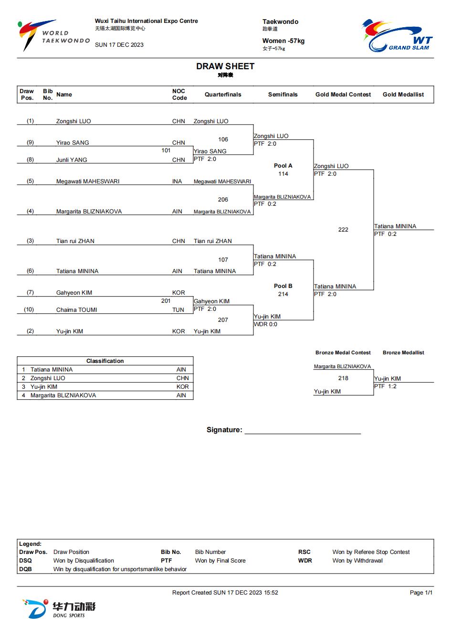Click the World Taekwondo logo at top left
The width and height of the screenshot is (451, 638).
tap(53, 35)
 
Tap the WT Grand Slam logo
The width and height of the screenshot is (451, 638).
tap(398, 35)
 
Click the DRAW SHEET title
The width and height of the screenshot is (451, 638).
tap(225, 66)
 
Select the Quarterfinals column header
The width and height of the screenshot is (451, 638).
tap(223, 95)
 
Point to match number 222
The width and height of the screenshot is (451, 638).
tap(343, 230)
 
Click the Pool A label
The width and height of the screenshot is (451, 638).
tap(283, 166)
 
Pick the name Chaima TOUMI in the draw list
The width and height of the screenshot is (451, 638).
tap(76, 310)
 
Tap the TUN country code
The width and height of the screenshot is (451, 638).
tap(178, 310)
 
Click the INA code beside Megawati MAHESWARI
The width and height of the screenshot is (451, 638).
tap(177, 181)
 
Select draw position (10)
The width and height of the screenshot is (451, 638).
tap(29, 309)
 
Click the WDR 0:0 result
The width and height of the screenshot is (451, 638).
tap(265, 324)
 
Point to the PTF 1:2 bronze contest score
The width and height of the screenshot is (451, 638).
tap(385, 386)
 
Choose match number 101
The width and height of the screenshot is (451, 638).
tap(166, 150)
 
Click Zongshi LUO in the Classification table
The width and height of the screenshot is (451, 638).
tap(48, 378)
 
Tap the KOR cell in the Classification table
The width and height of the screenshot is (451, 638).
tap(182, 387)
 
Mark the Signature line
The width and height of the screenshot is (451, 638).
tap(303, 434)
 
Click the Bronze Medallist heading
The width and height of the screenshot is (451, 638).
tap(403, 352)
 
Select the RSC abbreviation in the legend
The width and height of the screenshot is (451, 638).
tap(304, 552)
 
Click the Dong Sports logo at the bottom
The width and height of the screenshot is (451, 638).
tap(59, 609)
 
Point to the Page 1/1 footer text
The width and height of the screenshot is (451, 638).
tap(421, 593)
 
